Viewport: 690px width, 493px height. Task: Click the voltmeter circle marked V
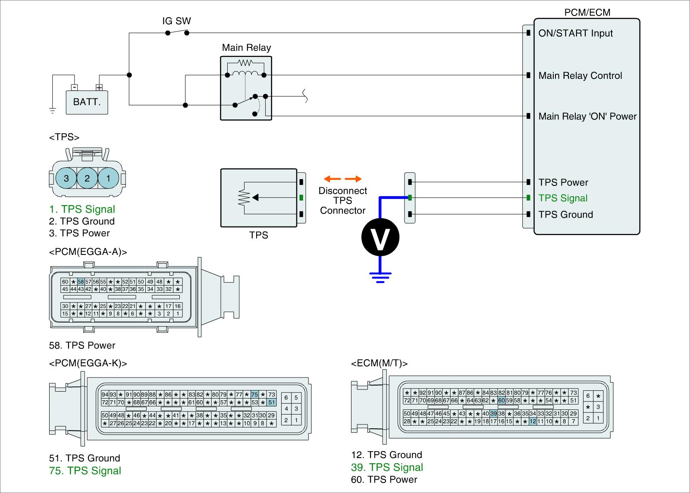pyautogui.click(x=380, y=237)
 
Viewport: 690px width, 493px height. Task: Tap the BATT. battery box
pyautogui.click(x=87, y=102)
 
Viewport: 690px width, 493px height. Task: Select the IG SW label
pyautogui.click(x=176, y=21)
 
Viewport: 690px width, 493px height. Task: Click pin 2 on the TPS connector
pyautogui.click(x=87, y=178)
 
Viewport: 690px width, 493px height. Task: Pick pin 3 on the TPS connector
pyautogui.click(x=66, y=178)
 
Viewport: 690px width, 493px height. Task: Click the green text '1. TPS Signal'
pyautogui.click(x=82, y=209)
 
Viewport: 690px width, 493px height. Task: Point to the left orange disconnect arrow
pyautogui.click(x=332, y=179)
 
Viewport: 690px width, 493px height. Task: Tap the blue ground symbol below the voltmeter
pyautogui.click(x=380, y=277)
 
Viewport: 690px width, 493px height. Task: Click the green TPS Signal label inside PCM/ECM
pyautogui.click(x=563, y=198)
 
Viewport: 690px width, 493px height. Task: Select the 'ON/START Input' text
pyautogui.click(x=575, y=33)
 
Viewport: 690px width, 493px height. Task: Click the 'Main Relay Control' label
pyautogui.click(x=580, y=75)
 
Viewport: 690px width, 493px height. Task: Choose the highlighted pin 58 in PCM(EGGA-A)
pyautogui.click(x=81, y=282)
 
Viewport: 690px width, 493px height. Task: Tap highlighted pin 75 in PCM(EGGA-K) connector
pyautogui.click(x=254, y=394)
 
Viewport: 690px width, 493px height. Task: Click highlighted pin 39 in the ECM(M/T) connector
pyautogui.click(x=493, y=414)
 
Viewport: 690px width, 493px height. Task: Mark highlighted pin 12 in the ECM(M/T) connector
pyautogui.click(x=533, y=421)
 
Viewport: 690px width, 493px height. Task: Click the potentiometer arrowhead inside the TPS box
pyautogui.click(x=255, y=198)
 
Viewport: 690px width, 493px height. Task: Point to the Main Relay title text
pyautogui.click(x=246, y=48)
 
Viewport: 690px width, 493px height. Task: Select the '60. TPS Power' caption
pyautogui.click(x=384, y=480)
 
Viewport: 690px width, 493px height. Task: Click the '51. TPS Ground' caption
pyautogui.click(x=85, y=458)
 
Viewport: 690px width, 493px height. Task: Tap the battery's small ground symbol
pyautogui.click(x=53, y=111)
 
